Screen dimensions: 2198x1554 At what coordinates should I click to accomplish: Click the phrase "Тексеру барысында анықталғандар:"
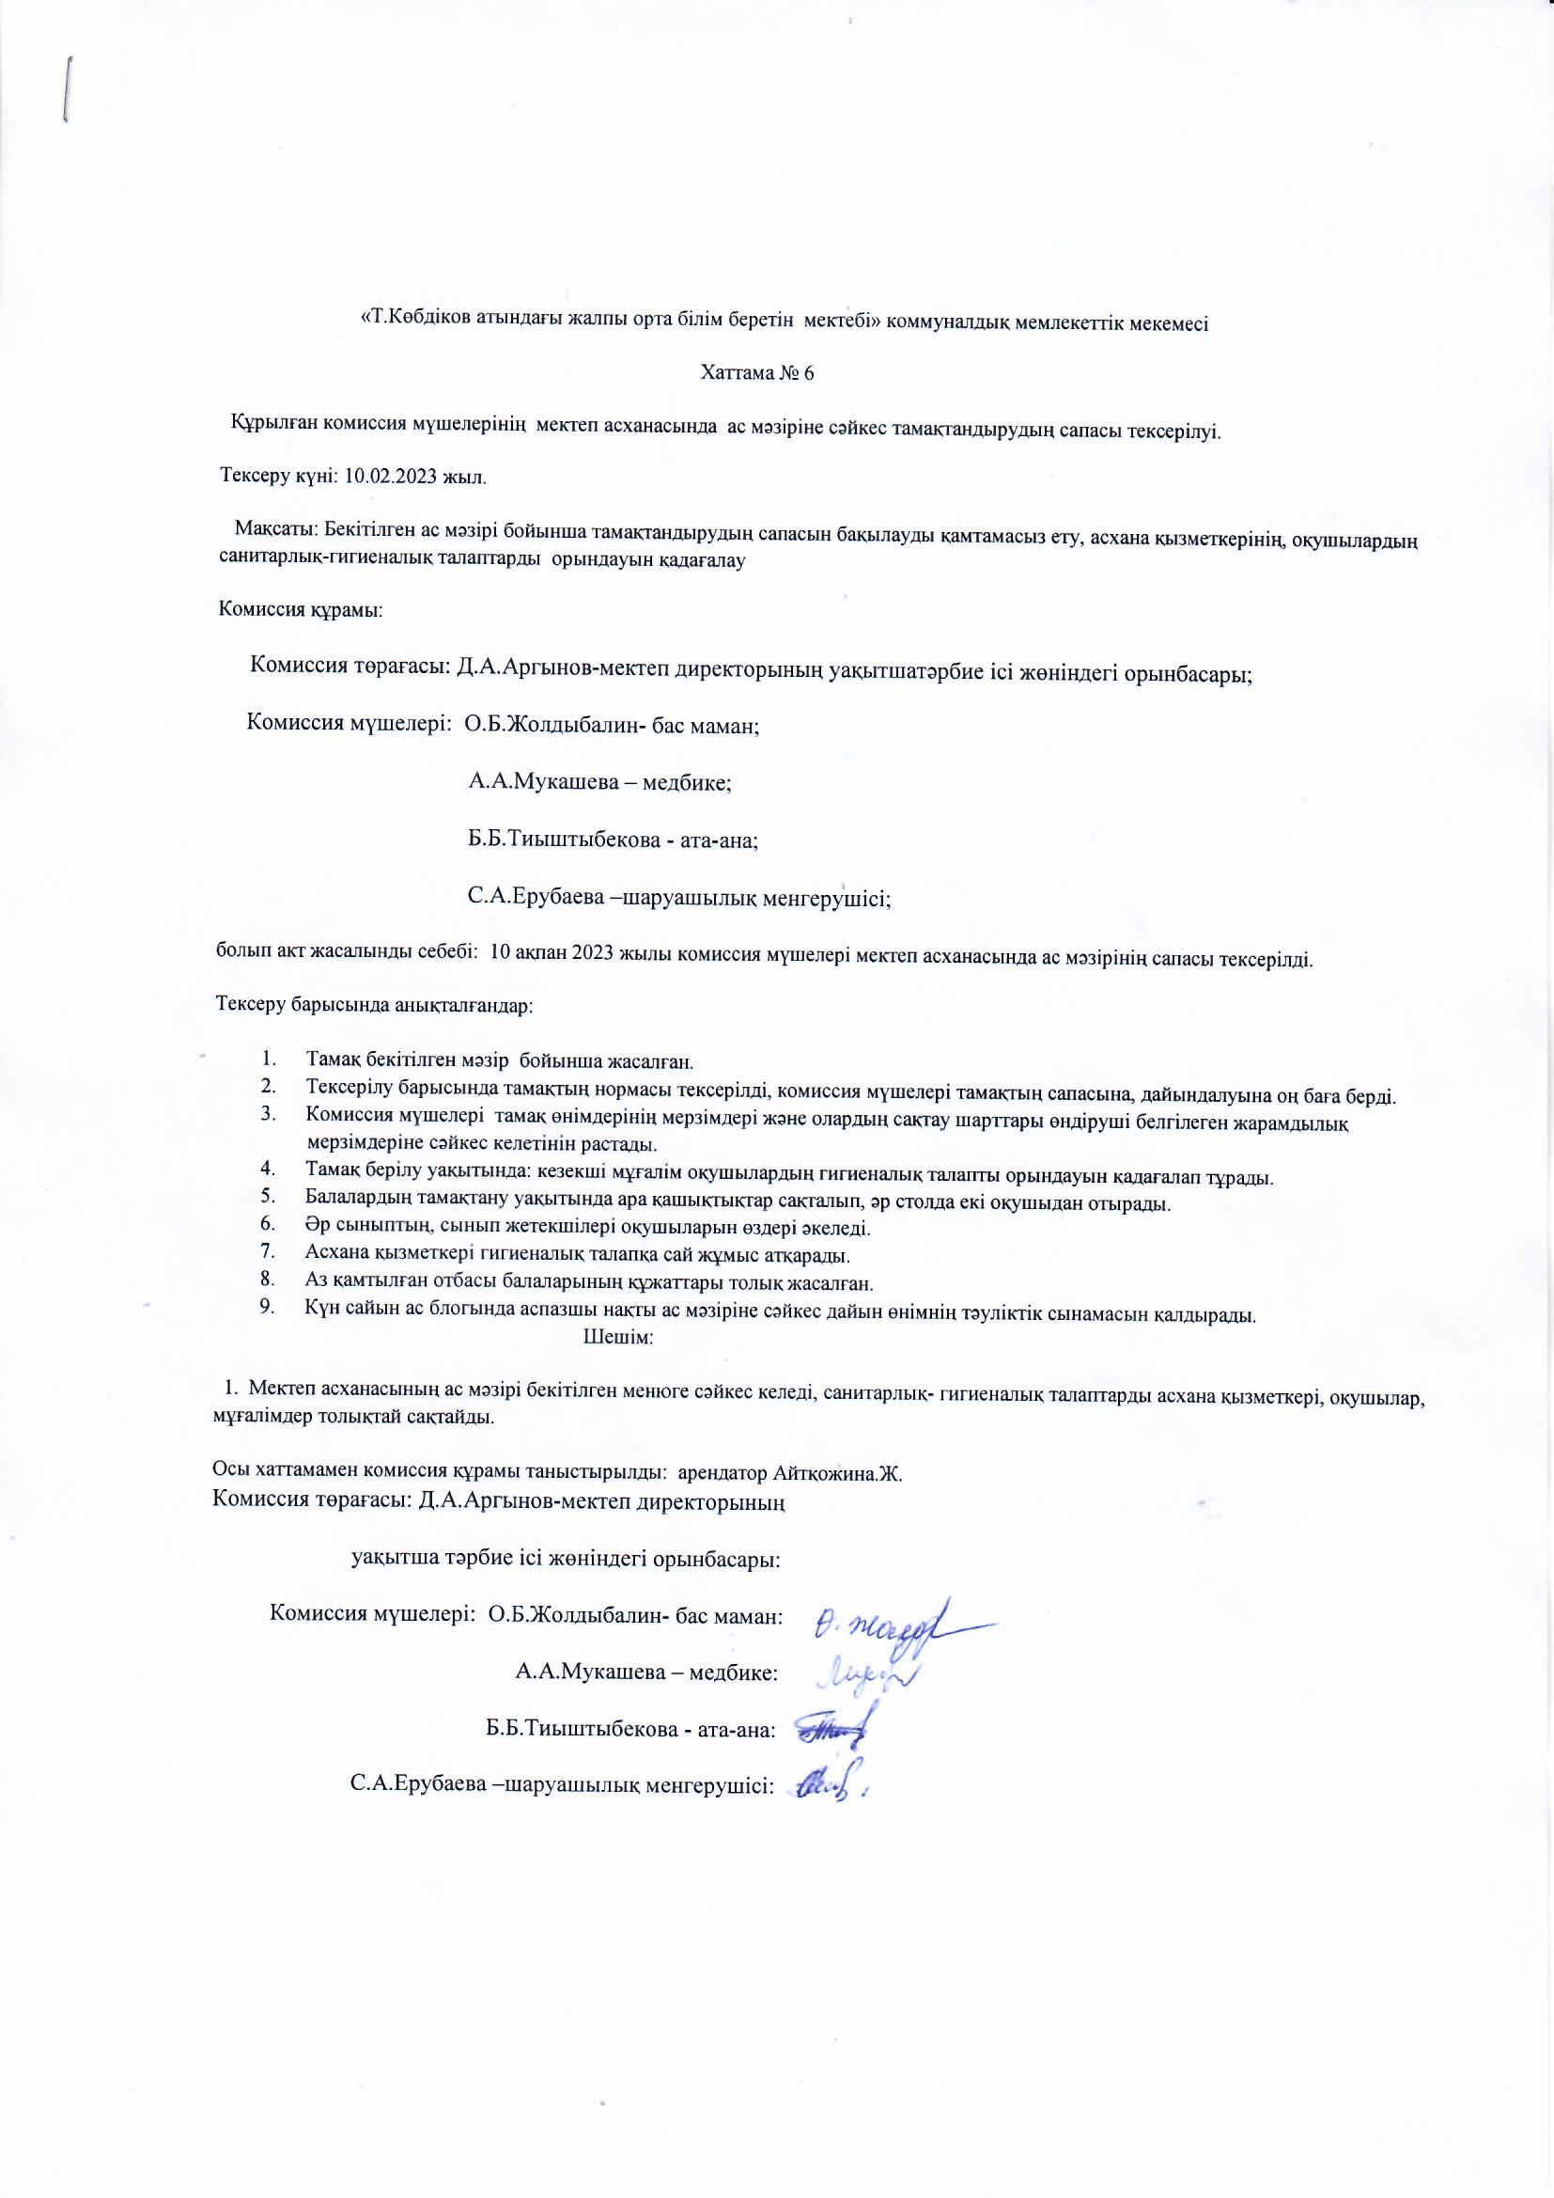click(374, 1006)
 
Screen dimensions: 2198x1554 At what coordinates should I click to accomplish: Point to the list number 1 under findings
click(269, 1060)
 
